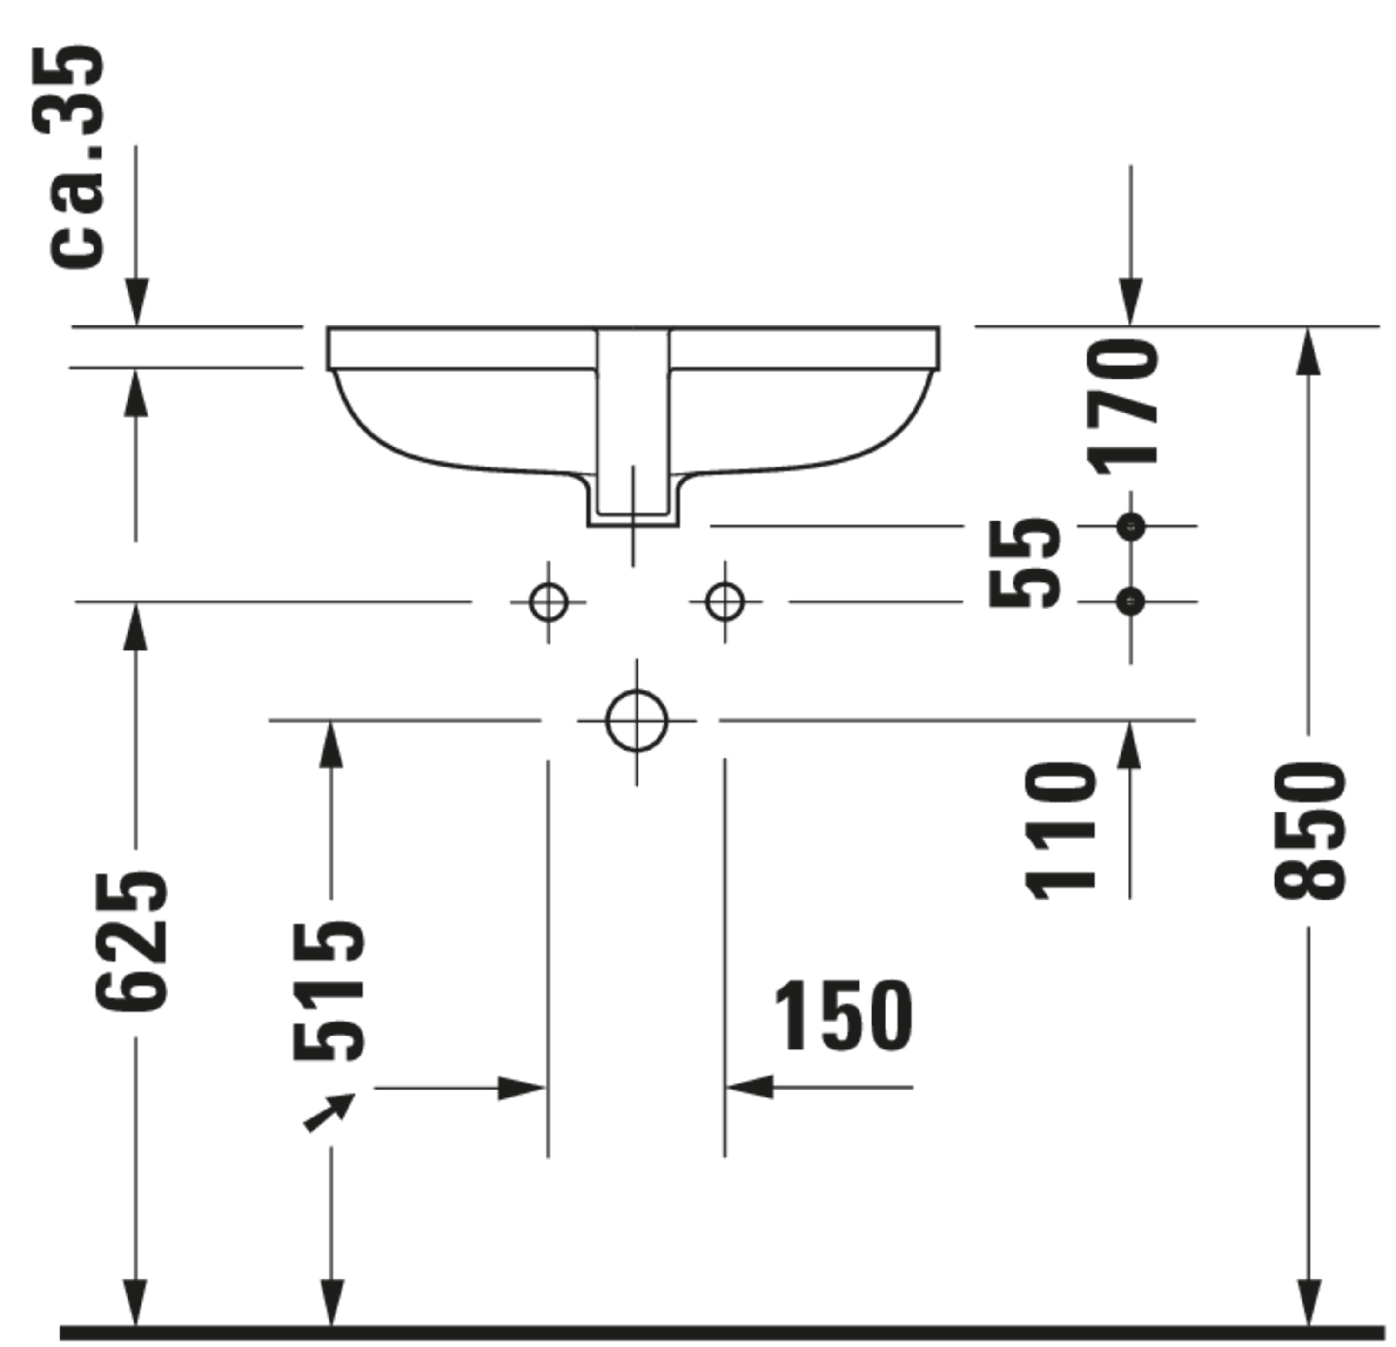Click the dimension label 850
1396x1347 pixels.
pyautogui.click(x=1309, y=830)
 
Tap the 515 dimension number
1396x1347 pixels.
pyautogui.click(x=329, y=991)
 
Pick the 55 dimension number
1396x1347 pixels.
pyautogui.click(x=1023, y=563)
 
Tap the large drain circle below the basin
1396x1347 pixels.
pyautogui.click(x=637, y=721)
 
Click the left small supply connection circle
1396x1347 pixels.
pyautogui.click(x=549, y=602)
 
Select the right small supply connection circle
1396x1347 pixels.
pyautogui.click(x=725, y=602)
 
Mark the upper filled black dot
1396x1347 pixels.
pyautogui.click(x=1130, y=527)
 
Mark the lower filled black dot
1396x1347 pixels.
pyautogui.click(x=1130, y=602)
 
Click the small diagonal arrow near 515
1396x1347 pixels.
pyautogui.click(x=329, y=1112)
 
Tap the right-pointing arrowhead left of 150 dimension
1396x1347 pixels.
pyautogui.click(x=521, y=1088)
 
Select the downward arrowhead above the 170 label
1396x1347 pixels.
pyautogui.click(x=1130, y=302)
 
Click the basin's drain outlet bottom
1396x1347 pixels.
pyautogui.click(x=633, y=526)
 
